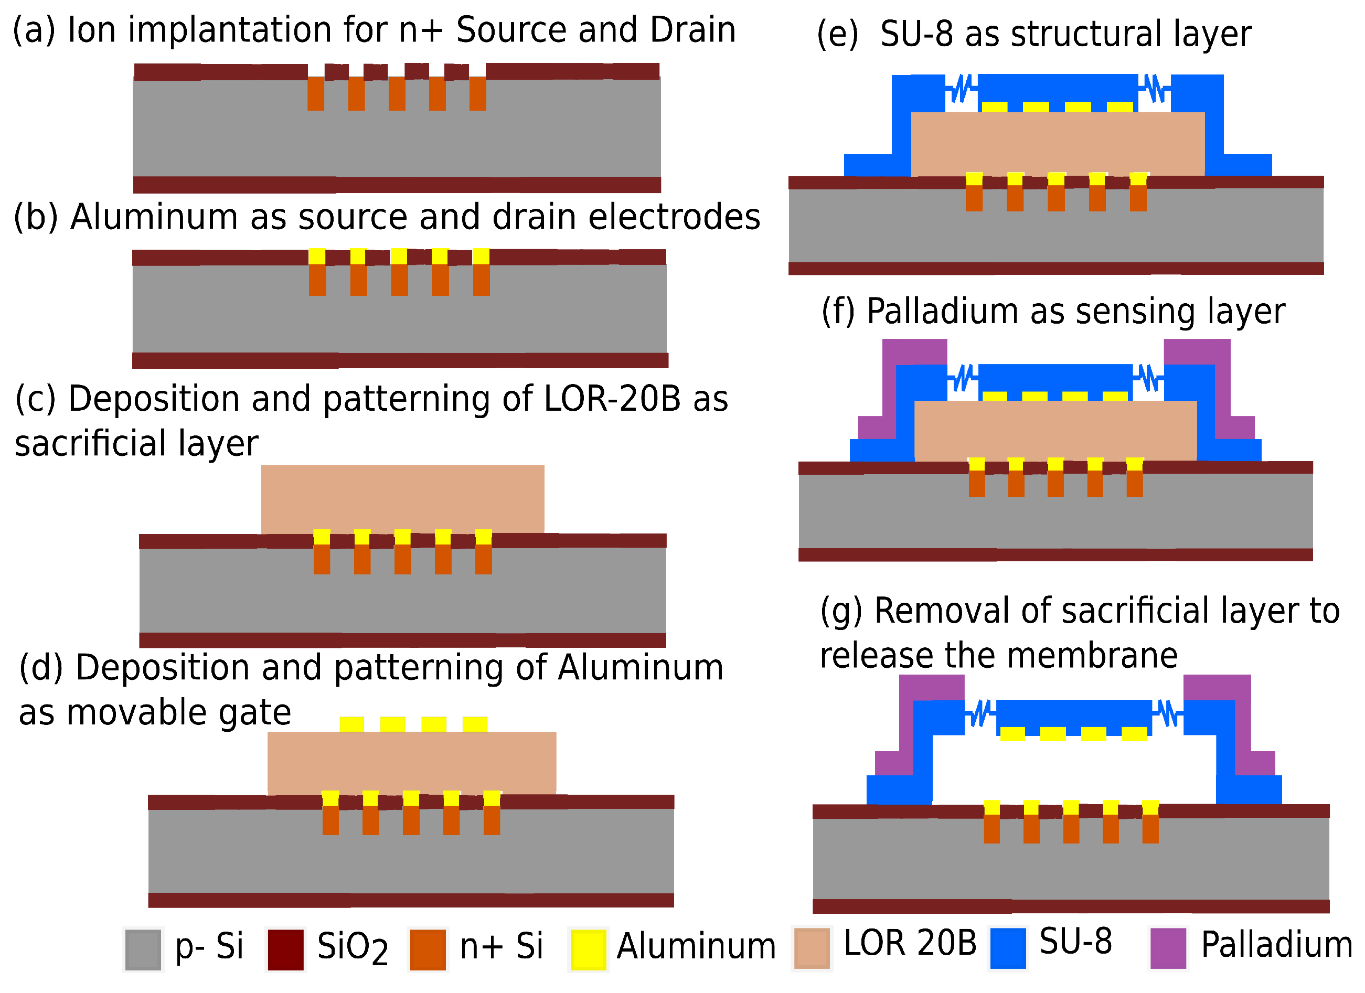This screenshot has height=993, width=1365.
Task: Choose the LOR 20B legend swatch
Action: click(812, 948)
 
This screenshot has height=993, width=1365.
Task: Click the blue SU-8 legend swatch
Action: click(1008, 948)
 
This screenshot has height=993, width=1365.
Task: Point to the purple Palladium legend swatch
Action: click(1168, 948)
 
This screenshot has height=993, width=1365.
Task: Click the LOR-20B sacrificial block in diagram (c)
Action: click(403, 498)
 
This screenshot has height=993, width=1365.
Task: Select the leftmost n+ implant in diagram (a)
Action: click(315, 93)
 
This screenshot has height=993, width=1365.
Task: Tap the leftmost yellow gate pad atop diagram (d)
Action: click(351, 724)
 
